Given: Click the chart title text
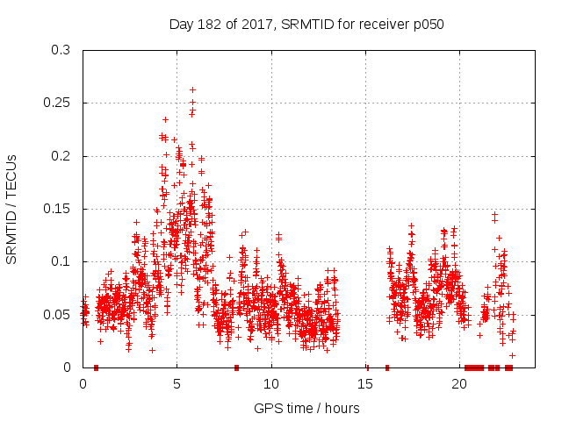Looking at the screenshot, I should coord(306,25).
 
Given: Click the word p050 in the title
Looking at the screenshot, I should coord(430,25).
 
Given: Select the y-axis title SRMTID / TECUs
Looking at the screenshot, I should coord(11,209).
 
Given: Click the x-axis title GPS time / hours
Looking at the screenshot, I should coord(306,408).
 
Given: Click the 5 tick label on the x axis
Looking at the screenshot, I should coord(177,383).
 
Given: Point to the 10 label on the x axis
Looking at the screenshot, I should coord(271,383).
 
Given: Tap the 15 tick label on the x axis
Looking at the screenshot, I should coord(365,383).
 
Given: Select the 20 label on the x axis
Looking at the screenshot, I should coord(459,383).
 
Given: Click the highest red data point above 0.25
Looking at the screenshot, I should coord(192,89).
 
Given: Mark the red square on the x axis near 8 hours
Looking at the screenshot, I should coord(236,367).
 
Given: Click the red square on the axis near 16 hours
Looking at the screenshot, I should coord(386,367).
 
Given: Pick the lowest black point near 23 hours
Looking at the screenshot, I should coord(512,355).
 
